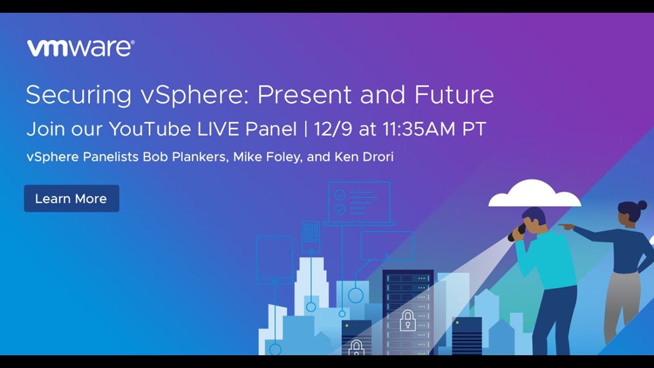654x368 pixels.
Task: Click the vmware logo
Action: tap(81, 48)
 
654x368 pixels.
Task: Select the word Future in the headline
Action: tap(454, 95)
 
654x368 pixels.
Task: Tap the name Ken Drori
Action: tap(364, 157)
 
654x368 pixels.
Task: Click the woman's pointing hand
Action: tap(565, 225)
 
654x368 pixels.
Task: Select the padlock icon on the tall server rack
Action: tap(407, 320)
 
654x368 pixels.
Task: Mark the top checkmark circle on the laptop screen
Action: tap(340, 195)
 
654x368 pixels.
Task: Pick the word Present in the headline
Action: tap(305, 95)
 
